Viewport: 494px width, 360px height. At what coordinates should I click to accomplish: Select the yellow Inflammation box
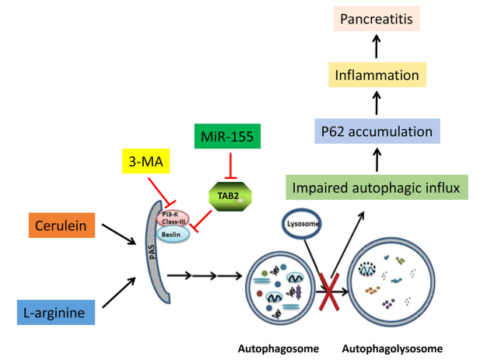pos(377,75)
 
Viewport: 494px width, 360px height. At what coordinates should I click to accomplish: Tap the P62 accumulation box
pos(377,131)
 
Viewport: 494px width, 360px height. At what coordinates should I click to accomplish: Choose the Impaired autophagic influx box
pos(376,187)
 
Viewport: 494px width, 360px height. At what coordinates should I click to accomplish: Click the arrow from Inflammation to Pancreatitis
pos(377,47)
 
